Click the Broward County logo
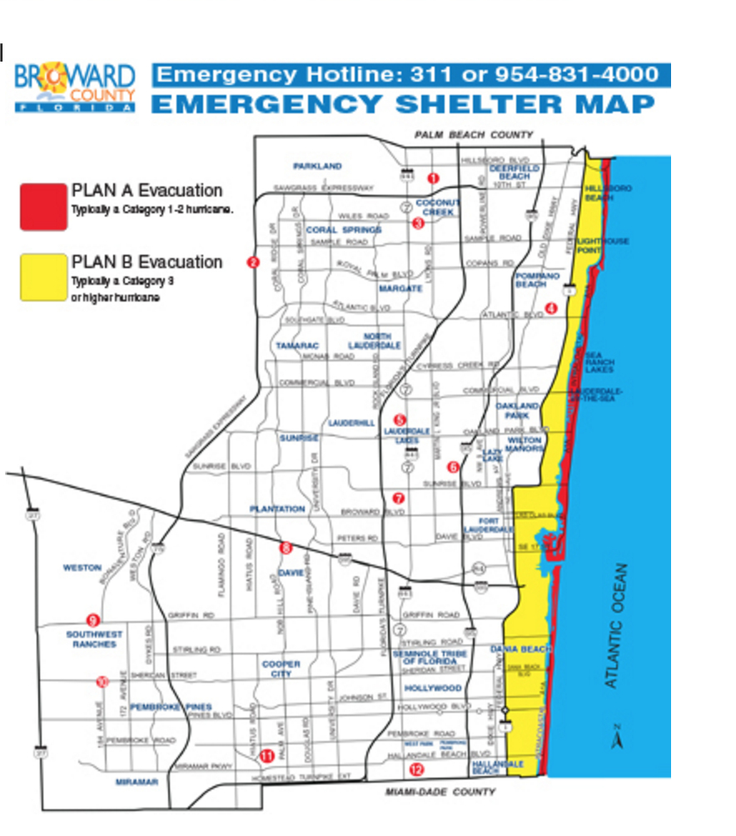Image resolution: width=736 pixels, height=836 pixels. (x=75, y=88)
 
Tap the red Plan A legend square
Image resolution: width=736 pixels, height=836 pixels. (x=43, y=205)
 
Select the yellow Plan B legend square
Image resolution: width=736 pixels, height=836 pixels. (x=43, y=277)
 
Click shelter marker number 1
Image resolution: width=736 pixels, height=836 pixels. (x=432, y=178)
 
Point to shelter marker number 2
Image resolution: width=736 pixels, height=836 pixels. (x=254, y=263)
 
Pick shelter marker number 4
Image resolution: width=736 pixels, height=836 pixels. (x=550, y=308)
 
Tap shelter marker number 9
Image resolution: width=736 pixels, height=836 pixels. (x=93, y=620)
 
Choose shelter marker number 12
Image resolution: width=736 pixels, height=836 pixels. (x=416, y=769)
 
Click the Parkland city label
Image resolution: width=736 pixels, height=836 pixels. (x=317, y=167)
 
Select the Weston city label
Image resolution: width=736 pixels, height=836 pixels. (x=82, y=568)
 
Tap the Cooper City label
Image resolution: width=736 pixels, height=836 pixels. (x=281, y=669)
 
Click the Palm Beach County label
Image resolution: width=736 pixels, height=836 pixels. (x=474, y=135)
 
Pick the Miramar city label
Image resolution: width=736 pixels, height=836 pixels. (x=137, y=782)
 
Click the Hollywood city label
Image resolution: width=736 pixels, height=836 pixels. (x=433, y=689)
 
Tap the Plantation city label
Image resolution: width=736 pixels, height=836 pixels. (x=277, y=509)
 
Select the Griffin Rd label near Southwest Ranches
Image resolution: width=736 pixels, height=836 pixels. (x=191, y=615)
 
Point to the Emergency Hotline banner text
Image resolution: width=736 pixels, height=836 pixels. (x=411, y=75)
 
